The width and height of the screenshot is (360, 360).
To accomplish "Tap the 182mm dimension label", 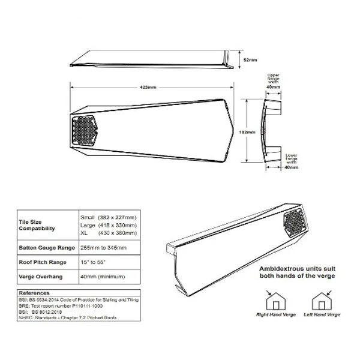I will pyautogui.click(x=247, y=131).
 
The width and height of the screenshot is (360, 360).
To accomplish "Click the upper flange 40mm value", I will pyautogui.click(x=273, y=87).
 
